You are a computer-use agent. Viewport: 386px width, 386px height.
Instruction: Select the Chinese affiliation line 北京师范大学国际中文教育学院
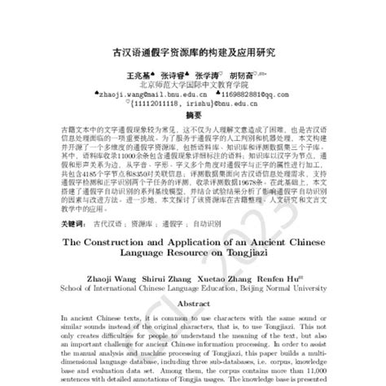pyautogui.click(x=192, y=83)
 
